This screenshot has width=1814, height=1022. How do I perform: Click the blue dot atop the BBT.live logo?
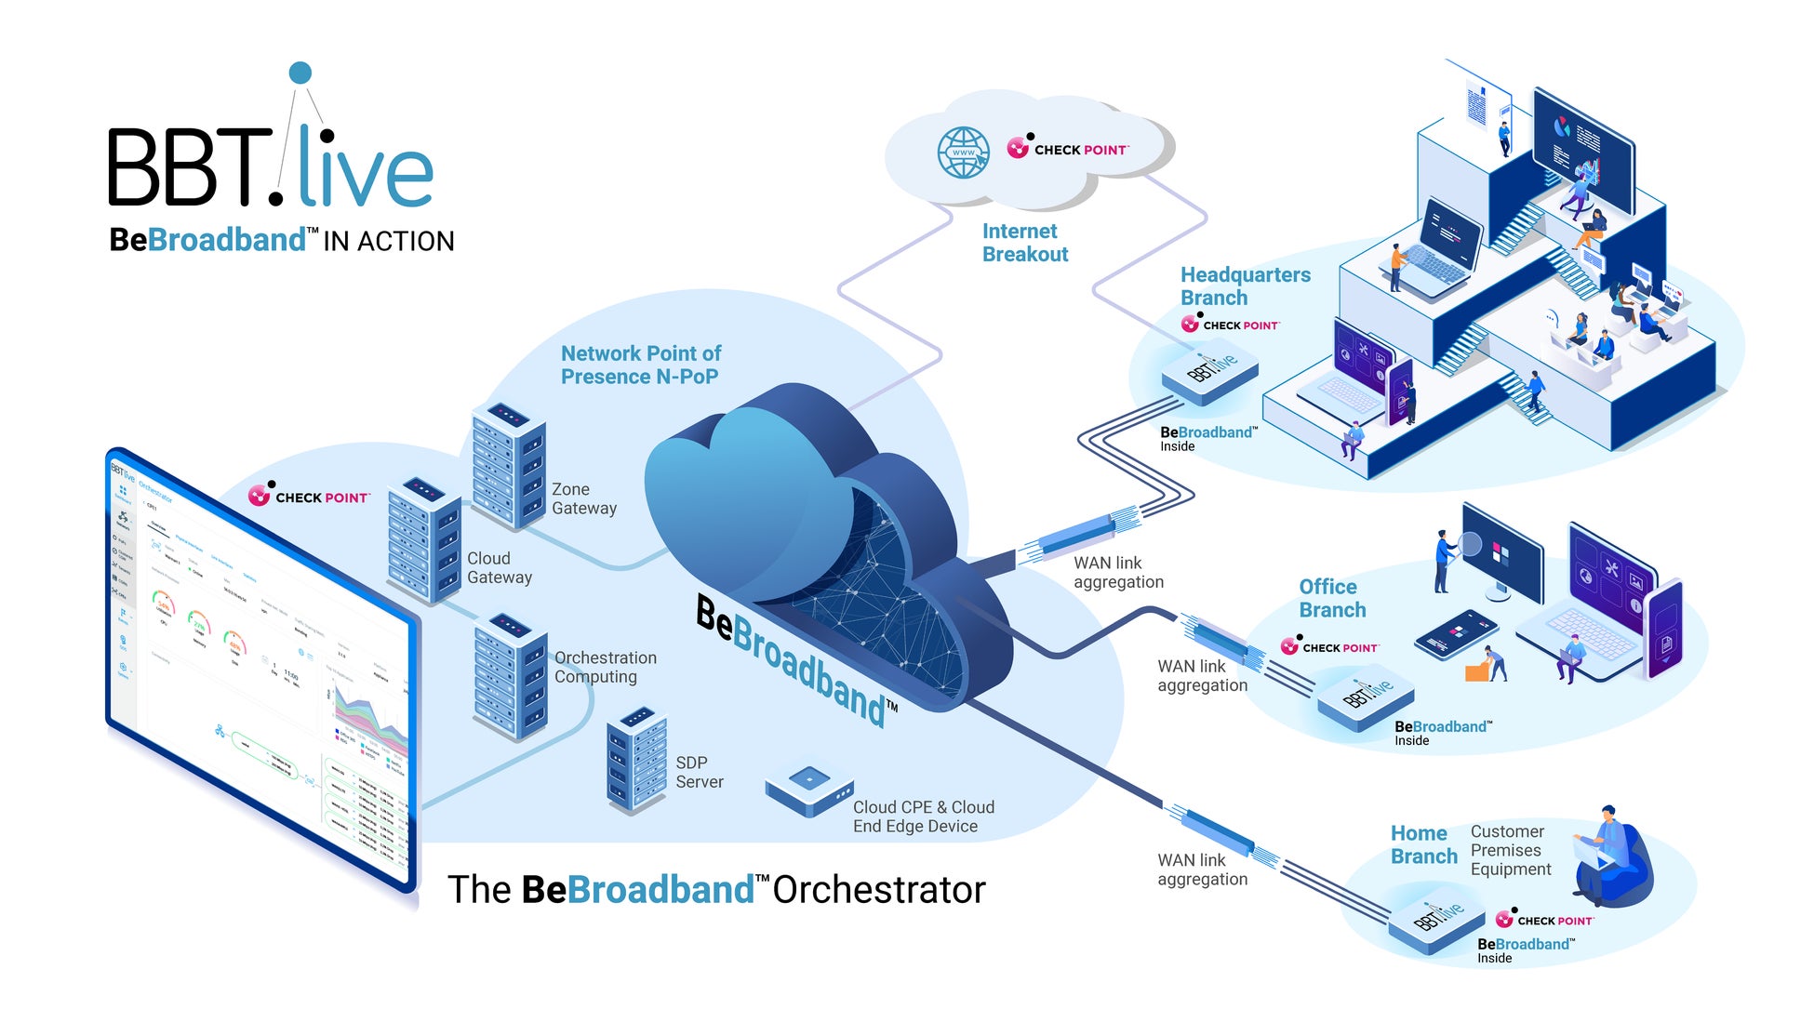(300, 73)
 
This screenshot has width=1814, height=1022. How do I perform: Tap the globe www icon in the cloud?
(963, 153)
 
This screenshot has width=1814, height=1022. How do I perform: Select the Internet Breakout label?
(1024, 243)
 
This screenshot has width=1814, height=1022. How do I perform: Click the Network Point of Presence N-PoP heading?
(640, 365)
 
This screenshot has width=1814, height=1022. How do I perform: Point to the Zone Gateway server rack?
(507, 464)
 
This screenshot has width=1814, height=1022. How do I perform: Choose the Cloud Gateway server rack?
(424, 539)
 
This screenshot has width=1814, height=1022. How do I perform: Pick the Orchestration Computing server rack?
(511, 675)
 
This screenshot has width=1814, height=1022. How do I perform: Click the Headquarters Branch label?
(1245, 286)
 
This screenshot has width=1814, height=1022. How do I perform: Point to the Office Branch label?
(1331, 598)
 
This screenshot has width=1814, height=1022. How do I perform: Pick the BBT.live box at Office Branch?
(1366, 697)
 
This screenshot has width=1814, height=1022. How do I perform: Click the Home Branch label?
(1423, 844)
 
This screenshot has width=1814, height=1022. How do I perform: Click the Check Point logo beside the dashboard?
(309, 497)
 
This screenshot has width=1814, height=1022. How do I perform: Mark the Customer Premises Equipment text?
(1510, 850)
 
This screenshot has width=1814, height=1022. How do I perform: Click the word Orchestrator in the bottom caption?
(878, 890)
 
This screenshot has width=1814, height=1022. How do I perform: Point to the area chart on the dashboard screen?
(367, 717)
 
